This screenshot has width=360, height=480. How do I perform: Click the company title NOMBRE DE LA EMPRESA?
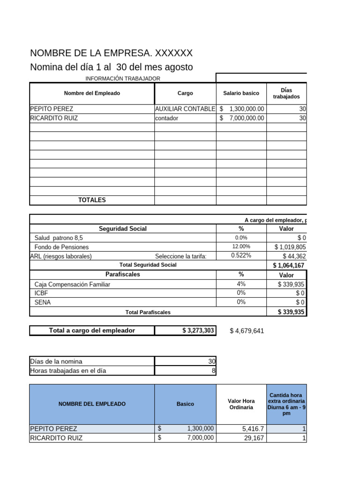[111, 53]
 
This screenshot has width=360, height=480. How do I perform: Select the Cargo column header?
[185, 93]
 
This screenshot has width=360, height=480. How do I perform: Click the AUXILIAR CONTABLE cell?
[185, 109]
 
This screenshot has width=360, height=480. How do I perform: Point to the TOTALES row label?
[92, 200]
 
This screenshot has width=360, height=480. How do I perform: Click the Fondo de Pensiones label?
[61, 247]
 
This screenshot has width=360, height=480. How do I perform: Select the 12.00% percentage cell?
[241, 247]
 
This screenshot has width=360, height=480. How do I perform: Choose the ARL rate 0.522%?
[241, 256]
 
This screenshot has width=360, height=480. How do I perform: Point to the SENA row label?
[43, 302]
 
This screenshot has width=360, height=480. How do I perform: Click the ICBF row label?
[42, 293]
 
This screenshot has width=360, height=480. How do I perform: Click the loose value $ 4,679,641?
[247, 331]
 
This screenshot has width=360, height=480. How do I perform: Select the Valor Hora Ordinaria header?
[241, 404]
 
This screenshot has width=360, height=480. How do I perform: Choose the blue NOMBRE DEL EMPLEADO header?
[92, 404]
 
